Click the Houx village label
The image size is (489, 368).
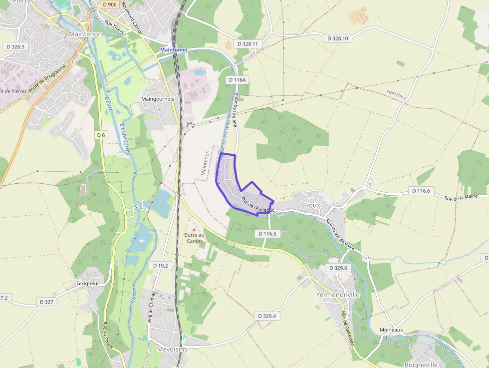coord(312,205)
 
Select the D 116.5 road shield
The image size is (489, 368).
coord(267,233)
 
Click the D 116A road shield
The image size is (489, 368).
coord(238,80)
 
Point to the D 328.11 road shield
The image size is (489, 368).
coord(248,44)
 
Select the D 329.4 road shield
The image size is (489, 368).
coord(267,316)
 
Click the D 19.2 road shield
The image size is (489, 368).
coord(161,266)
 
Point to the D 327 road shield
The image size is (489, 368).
coord(46,302)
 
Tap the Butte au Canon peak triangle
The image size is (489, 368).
coord(194,229)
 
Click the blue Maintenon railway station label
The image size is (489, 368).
coord(174,50)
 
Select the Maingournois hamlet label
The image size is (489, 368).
coord(158,99)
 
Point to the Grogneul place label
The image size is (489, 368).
coord(88,283)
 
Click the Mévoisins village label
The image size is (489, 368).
coord(172,349)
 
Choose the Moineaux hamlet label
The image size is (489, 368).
coord(391,330)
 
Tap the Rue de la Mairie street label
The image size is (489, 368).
coord(461,197)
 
